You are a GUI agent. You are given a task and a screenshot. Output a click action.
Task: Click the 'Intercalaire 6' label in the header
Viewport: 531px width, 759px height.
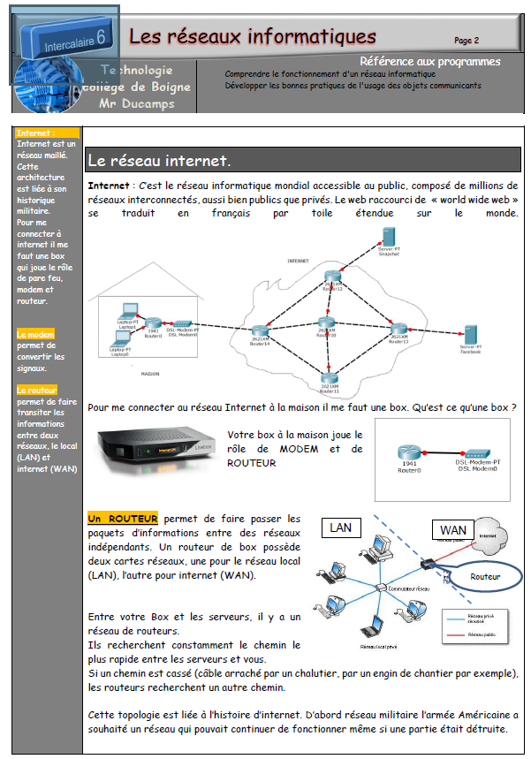[72, 37]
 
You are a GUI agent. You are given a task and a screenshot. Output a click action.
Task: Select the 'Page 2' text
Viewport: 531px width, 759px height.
[467, 40]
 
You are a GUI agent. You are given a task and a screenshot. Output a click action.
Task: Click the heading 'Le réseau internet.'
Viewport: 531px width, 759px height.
[159, 162]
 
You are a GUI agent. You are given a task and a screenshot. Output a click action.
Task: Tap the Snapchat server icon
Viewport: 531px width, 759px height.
[385, 237]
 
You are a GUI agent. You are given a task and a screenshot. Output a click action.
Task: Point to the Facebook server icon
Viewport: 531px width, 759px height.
[470, 335]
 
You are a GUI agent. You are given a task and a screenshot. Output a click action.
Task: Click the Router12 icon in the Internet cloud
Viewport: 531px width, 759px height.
[332, 278]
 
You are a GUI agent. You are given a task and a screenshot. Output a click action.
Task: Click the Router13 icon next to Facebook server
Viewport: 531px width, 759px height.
[398, 330]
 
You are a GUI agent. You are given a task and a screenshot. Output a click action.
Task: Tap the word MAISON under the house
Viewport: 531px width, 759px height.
[150, 374]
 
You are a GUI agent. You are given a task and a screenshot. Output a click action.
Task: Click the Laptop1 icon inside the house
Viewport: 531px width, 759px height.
[127, 311]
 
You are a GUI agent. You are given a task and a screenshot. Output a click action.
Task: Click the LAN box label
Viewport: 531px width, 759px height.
[340, 528]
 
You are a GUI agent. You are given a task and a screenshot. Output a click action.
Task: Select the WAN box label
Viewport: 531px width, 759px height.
[452, 530]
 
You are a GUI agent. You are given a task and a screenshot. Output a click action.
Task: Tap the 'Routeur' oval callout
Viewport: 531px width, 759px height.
[485, 576]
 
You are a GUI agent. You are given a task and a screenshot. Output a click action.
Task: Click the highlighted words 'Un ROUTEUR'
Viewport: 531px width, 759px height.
[123, 518]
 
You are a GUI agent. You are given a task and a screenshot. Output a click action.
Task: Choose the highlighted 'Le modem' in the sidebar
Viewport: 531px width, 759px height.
[35, 334]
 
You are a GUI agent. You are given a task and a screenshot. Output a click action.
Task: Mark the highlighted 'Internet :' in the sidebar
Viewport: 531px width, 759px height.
[36, 133]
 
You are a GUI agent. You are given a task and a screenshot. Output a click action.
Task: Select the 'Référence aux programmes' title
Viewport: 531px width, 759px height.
[430, 62]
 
